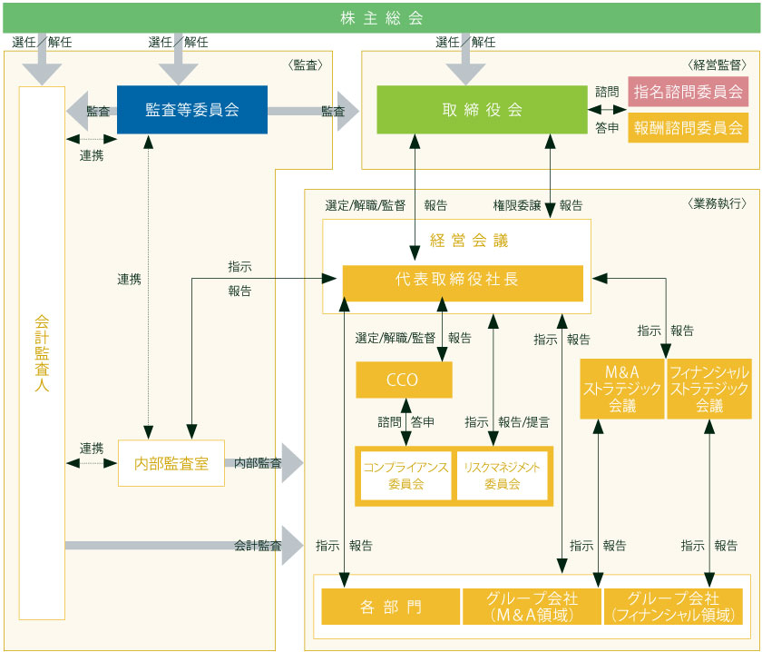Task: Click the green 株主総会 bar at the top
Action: [381, 17]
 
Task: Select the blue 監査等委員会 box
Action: [192, 110]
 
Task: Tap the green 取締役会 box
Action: [482, 110]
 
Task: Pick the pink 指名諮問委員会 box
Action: [688, 92]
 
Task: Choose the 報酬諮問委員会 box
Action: [688, 127]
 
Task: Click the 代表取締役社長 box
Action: [463, 282]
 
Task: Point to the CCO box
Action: [403, 380]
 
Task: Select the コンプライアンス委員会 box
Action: [405, 475]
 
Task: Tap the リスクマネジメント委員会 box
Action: [502, 475]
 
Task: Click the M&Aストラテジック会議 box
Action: [622, 389]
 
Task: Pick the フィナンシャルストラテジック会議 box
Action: [709, 389]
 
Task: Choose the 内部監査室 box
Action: [171, 463]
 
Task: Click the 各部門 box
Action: [390, 607]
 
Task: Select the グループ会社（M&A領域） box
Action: [532, 607]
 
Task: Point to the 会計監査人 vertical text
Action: [42, 353]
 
